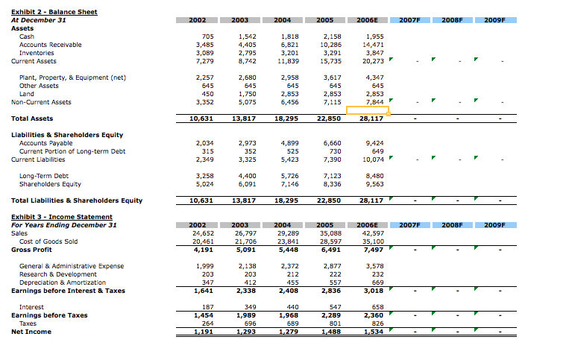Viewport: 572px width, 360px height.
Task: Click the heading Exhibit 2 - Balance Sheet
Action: tap(54, 12)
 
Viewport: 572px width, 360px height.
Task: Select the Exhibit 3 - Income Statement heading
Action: tap(58, 217)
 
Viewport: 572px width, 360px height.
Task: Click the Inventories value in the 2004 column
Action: tap(289, 53)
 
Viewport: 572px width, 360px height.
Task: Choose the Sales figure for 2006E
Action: tap(371, 233)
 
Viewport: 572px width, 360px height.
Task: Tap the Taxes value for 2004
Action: tap(290, 323)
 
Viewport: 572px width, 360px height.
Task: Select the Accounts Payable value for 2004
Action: tap(289, 142)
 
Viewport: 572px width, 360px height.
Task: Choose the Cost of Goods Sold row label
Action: tap(48, 241)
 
